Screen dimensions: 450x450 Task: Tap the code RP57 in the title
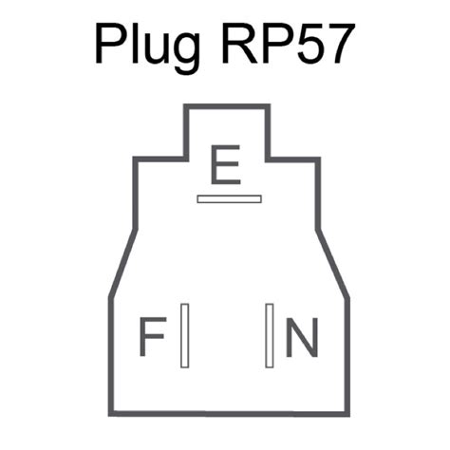(x=288, y=44)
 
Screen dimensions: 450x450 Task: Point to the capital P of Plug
(x=110, y=44)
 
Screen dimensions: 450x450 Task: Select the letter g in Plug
(x=184, y=54)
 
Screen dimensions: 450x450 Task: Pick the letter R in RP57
(x=239, y=44)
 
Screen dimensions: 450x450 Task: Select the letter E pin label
(x=226, y=164)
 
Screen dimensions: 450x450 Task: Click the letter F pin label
(x=153, y=336)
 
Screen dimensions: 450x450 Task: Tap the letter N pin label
(x=302, y=337)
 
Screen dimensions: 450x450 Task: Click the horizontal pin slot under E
(x=229, y=199)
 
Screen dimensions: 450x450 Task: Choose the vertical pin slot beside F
(x=185, y=335)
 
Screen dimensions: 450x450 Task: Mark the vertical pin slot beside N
(x=270, y=335)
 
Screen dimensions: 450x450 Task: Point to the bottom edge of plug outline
(x=229, y=414)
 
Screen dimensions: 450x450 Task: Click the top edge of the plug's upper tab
(x=227, y=106)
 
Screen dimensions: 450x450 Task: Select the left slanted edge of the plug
(x=123, y=263)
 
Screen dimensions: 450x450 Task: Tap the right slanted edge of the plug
(x=335, y=263)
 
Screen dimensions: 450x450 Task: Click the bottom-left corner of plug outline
(x=111, y=414)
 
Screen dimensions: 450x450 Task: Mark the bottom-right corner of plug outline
(x=347, y=414)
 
